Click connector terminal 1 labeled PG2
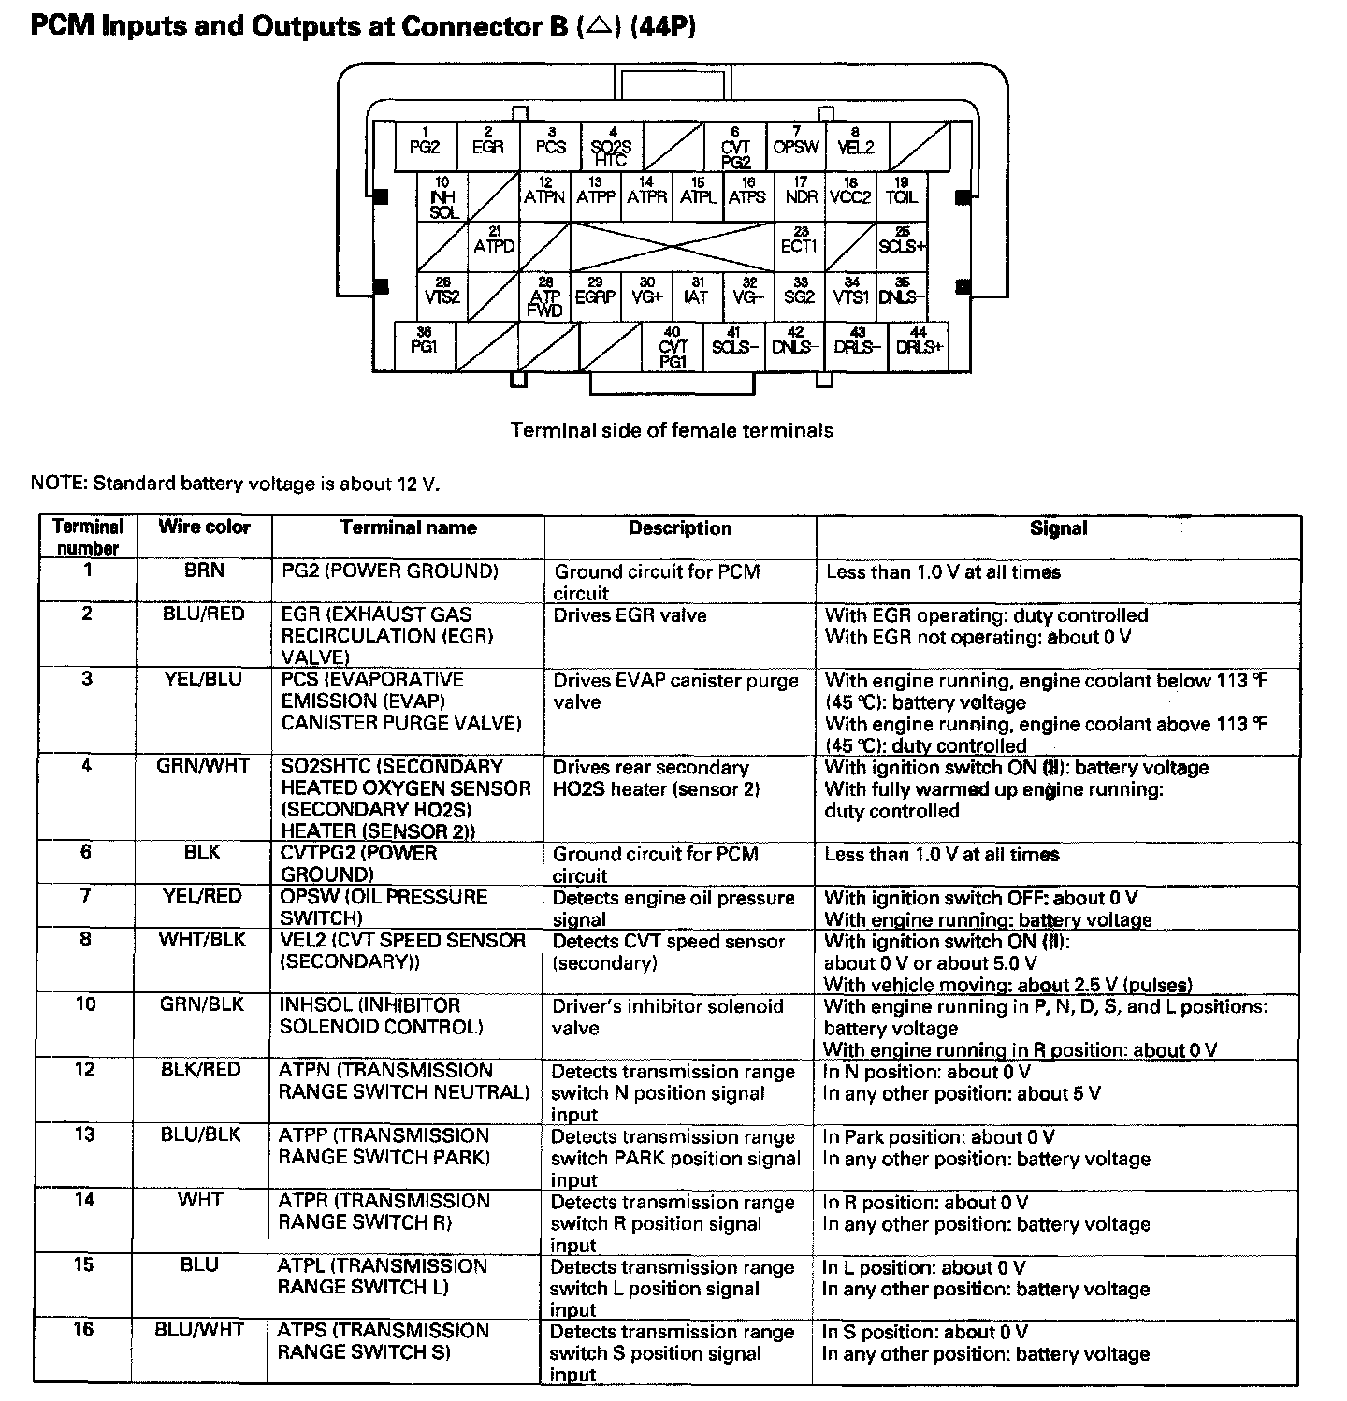[425, 146]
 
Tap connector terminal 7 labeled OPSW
[796, 146]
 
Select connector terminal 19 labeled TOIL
[902, 196]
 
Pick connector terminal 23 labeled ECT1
[799, 246]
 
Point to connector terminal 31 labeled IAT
[696, 296]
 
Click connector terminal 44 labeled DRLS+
[920, 346]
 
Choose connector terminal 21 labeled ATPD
[494, 246]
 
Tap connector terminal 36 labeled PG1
[424, 346]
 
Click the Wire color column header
[204, 527]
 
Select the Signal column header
[1058, 528]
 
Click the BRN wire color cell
[204, 571]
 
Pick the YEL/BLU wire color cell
[204, 679]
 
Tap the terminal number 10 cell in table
[86, 1004]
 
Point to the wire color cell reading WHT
[200, 1200]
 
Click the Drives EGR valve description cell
[630, 615]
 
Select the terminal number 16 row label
[84, 1329]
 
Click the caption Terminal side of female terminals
[672, 430]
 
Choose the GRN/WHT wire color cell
[203, 766]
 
